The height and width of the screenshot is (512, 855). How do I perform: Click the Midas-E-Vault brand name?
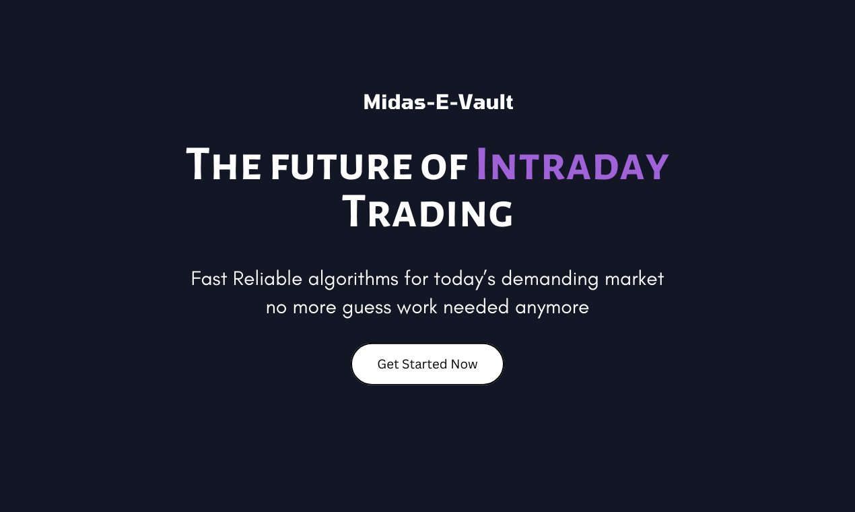click(438, 102)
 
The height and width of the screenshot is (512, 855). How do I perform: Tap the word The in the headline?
click(224, 165)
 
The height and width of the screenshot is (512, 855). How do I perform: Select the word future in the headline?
click(341, 167)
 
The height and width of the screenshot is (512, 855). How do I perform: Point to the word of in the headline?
click(444, 167)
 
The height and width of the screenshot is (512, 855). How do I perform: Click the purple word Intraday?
click(572, 165)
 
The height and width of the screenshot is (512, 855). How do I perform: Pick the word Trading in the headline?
click(427, 213)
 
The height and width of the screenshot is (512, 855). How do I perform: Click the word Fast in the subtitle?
click(209, 278)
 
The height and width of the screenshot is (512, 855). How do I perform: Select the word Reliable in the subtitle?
click(267, 278)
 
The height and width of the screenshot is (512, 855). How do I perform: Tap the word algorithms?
click(353, 279)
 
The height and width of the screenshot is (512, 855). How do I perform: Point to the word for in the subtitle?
click(416, 278)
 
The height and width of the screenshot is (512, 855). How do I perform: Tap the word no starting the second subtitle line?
click(275, 308)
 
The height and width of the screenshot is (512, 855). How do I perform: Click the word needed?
click(477, 307)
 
